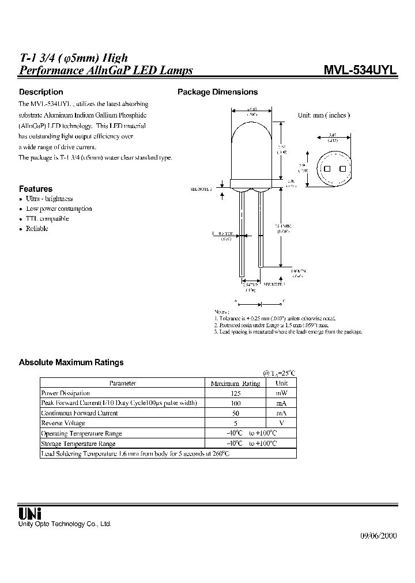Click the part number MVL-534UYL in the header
[360, 70]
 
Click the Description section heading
[41, 92]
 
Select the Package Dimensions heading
[217, 92]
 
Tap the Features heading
[36, 189]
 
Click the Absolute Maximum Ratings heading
[71, 363]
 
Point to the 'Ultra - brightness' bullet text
[50, 199]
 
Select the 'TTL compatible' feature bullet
[47, 219]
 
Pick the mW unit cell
[282, 393]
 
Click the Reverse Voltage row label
[63, 423]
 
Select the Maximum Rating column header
[235, 383]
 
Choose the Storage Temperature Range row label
[78, 444]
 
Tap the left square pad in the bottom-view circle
[327, 169]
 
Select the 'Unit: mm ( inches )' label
[324, 115]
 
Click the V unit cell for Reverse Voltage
[282, 423]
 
